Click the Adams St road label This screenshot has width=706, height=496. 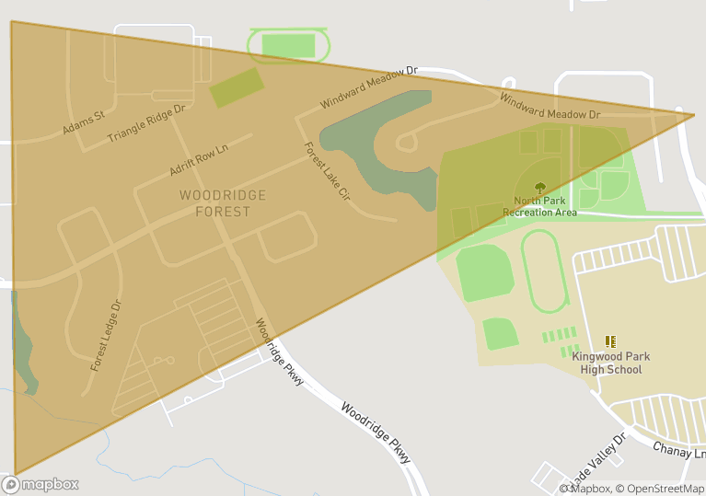coord(84,123)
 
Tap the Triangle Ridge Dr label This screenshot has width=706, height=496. coord(146,122)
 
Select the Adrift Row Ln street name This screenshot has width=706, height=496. coord(198,158)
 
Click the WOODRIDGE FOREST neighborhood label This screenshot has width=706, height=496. coord(223,203)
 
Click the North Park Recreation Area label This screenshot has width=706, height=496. coord(539,206)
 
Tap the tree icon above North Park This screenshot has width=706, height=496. coord(539,188)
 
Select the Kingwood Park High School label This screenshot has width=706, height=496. coord(611,363)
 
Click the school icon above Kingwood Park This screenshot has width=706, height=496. coord(610,341)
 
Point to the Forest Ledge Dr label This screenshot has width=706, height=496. coord(106,335)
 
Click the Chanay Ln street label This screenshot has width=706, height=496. coord(679,452)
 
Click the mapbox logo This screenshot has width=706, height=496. coord(41,484)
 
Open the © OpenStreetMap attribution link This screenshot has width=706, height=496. coord(660,489)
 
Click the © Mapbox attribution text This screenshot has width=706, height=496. coord(585,489)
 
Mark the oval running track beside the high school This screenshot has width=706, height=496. coord(545,271)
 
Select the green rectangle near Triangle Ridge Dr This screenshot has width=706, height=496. coord(237,87)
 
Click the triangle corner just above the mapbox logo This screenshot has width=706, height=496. coord(16,475)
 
